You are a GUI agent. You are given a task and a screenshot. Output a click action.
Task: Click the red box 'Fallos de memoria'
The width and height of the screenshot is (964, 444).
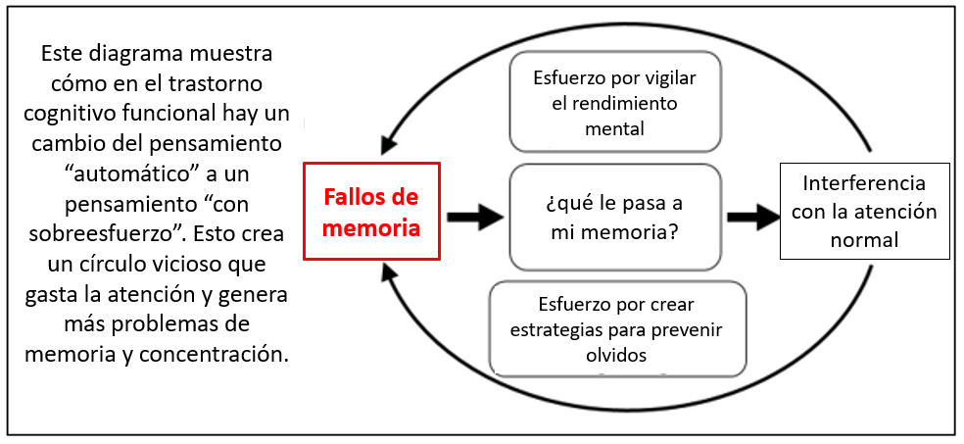click(371, 211)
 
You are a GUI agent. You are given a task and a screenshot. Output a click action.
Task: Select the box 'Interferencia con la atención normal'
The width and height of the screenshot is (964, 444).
click(864, 211)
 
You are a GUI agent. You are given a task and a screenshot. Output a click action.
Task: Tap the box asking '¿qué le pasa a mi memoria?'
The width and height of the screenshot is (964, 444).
click(615, 217)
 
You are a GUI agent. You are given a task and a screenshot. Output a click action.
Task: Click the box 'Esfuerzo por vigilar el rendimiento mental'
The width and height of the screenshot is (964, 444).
click(615, 101)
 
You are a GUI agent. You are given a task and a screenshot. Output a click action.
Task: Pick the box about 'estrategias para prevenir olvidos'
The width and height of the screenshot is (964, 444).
click(617, 329)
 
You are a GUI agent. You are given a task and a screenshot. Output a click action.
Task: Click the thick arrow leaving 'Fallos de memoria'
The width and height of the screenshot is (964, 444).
click(475, 216)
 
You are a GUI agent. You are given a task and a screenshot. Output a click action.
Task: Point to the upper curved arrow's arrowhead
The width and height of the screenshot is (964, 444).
click(389, 145)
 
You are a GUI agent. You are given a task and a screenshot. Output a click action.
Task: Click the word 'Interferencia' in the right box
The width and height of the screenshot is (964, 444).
click(864, 184)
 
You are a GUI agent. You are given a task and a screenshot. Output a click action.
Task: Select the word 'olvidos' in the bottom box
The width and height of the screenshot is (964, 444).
click(617, 356)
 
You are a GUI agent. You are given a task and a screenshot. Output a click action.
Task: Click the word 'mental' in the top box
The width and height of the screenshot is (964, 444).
click(615, 129)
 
